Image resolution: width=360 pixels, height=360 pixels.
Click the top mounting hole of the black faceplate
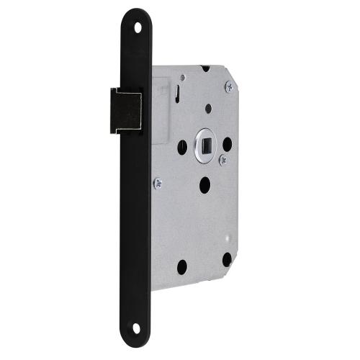tap(138, 27)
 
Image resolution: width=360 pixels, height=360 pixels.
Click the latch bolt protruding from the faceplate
tap(124, 109)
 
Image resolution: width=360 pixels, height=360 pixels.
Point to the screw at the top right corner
tap(229, 86)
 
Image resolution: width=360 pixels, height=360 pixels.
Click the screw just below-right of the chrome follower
tap(222, 160)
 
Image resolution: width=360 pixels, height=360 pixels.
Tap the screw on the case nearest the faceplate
tap(158, 184)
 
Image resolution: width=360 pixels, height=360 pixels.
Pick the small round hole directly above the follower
tap(208, 109)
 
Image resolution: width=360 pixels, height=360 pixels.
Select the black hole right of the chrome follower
tap(227, 143)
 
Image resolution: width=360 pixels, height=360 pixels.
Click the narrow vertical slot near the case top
tap(176, 93)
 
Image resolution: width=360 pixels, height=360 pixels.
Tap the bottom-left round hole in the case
tap(182, 266)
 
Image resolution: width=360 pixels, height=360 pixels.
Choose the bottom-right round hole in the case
tap(228, 259)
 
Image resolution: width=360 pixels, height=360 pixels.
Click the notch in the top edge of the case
tap(204, 69)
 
